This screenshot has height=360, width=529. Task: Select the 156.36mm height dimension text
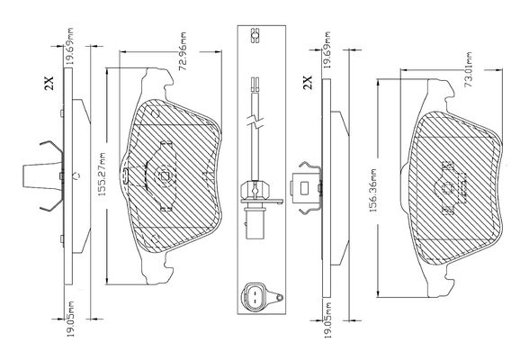click(x=372, y=191)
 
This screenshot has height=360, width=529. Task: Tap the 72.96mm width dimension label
click(x=183, y=51)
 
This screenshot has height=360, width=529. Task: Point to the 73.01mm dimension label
click(x=468, y=69)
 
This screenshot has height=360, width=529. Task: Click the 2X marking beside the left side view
click(x=49, y=83)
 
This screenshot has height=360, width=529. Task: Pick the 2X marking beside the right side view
click(x=308, y=82)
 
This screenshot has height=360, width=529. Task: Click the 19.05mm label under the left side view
click(x=70, y=319)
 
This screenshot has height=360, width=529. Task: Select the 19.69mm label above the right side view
click(x=327, y=49)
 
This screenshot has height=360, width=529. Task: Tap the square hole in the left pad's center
click(x=165, y=175)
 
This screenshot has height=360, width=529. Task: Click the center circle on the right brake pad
click(x=448, y=188)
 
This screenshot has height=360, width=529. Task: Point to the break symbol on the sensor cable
click(x=256, y=122)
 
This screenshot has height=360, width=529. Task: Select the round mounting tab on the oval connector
click(x=279, y=298)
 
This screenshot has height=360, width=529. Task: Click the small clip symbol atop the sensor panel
click(x=255, y=36)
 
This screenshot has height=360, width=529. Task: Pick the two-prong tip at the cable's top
click(x=256, y=85)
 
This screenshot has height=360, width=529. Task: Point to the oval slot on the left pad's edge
click(x=124, y=175)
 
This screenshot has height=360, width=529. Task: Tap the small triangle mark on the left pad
click(x=205, y=175)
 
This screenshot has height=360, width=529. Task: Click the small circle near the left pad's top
click(x=156, y=112)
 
